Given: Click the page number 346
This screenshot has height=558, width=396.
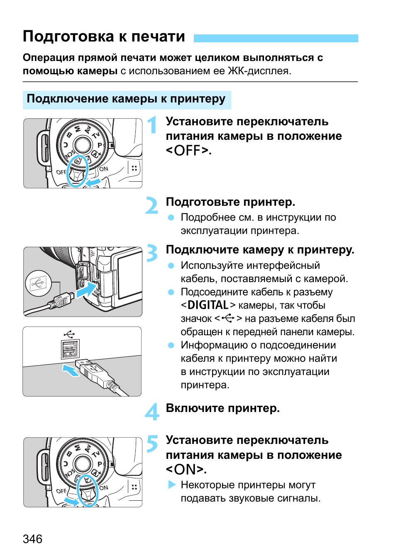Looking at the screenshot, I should coord(32,539).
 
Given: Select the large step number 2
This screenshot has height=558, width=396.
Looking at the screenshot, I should coord(152,205).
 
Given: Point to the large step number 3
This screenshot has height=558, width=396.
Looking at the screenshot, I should coord(152,253).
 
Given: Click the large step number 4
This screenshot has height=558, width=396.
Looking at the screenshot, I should coord(152,412).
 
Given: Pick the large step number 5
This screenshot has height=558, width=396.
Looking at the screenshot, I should coord(152,443).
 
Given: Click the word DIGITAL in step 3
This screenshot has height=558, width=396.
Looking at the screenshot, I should coord(208,305).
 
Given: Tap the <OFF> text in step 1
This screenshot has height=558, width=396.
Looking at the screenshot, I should coord(188,151).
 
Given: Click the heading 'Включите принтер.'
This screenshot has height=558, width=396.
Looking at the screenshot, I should coord(222,408).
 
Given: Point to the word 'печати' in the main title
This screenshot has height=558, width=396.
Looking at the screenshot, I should coord(158,37).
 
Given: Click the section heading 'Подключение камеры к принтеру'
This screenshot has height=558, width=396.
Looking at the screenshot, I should coord(126,99).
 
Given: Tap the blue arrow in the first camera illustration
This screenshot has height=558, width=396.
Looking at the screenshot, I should coord(94,183).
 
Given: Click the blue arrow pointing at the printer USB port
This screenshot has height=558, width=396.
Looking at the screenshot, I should coord(71,370).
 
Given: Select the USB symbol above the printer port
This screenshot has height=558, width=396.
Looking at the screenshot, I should coord(69,334).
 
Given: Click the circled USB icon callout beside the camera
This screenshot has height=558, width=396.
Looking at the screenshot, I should coord(39,283).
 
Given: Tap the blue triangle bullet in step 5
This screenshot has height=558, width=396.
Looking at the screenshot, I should coord(172,485).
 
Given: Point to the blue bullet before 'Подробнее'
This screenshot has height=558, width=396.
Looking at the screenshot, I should coord(171,217).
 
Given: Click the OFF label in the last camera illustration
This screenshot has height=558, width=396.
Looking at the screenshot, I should coord(61,491).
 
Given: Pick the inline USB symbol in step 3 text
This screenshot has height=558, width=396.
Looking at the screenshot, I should coord(228,318).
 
